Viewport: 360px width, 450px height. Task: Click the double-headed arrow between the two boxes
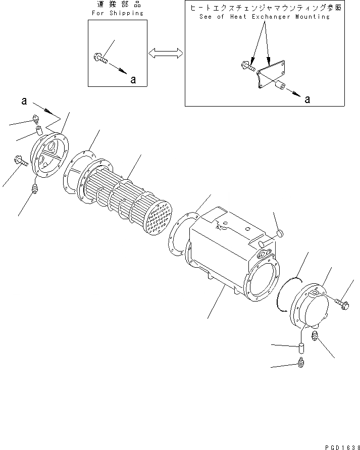[165, 52]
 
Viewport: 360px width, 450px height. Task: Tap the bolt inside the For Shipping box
[101, 60]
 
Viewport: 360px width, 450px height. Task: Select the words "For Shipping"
[117, 13]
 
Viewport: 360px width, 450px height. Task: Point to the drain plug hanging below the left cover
[35, 190]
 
